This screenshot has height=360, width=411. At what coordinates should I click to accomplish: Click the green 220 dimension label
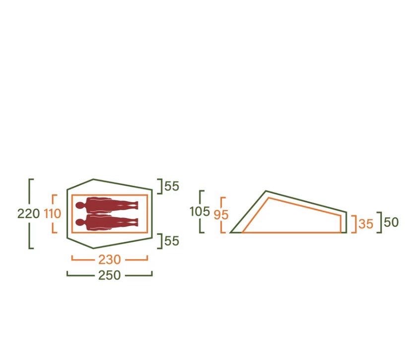click(x=28, y=214)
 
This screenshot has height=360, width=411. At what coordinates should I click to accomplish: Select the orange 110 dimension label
click(x=53, y=214)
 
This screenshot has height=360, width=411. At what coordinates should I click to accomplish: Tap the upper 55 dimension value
click(x=172, y=186)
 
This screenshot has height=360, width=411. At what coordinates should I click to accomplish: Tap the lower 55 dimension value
click(x=172, y=241)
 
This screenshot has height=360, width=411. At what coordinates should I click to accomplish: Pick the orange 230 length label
click(x=109, y=260)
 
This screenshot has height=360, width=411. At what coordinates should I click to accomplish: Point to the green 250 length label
click(x=109, y=275)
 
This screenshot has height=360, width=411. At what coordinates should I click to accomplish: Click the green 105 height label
click(x=200, y=212)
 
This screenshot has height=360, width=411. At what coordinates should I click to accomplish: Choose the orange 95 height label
click(x=221, y=215)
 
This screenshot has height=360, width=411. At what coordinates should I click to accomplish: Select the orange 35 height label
click(x=366, y=224)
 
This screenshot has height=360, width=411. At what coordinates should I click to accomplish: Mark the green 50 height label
click(x=391, y=222)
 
